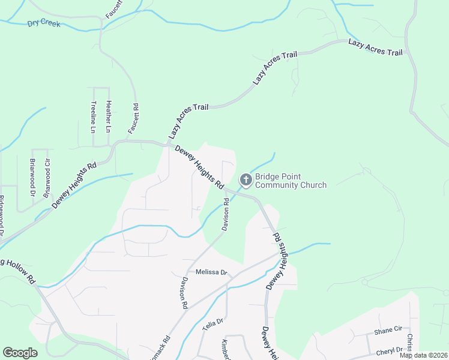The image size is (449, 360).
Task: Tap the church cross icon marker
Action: point(246,179)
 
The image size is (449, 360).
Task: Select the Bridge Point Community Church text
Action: point(291,181)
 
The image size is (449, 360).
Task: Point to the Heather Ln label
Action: point(109,117)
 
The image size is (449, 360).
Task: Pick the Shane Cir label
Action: point(387,330)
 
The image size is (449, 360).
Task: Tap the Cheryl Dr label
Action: point(390,350)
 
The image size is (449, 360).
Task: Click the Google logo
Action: point(20,352)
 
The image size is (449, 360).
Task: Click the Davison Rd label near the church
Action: point(226,215)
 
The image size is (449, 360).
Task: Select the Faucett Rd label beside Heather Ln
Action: point(133,119)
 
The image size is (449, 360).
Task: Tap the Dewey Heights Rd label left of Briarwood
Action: point(74,185)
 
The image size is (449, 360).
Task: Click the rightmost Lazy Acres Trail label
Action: point(375,48)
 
